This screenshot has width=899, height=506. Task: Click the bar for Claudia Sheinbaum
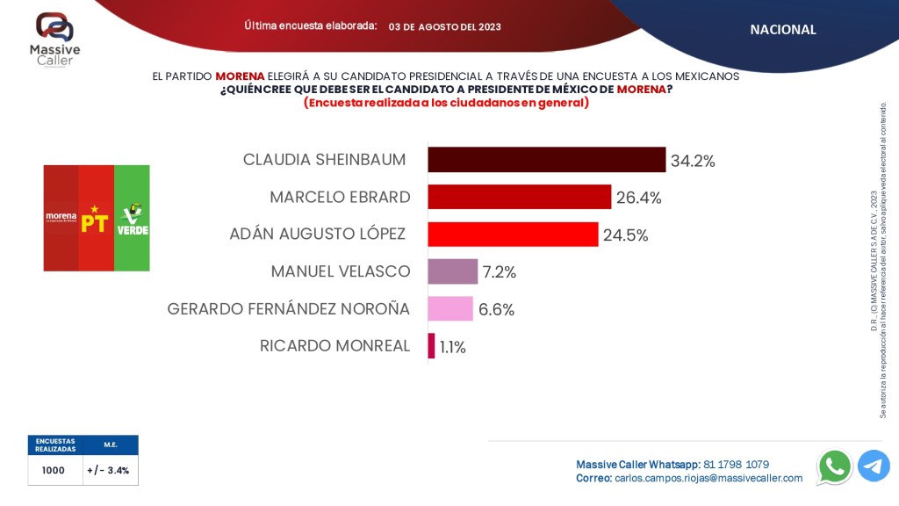click(546, 160)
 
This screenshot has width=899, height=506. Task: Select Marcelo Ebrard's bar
click(519, 197)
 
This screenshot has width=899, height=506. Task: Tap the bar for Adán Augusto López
click(513, 235)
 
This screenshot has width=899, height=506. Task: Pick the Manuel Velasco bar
click(452, 271)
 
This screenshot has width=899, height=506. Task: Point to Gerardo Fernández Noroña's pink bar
click(449, 308)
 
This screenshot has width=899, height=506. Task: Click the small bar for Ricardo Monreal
click(431, 346)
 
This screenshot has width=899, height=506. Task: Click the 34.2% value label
click(693, 161)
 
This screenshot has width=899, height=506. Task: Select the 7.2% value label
click(500, 272)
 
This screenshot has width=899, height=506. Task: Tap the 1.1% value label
click(453, 347)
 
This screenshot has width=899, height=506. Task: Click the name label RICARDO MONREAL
click(334, 346)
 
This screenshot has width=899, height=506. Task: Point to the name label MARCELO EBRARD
click(340, 197)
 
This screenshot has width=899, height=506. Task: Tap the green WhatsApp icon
click(834, 466)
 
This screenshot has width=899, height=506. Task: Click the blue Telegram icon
click(874, 466)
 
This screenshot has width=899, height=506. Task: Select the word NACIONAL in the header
click(783, 29)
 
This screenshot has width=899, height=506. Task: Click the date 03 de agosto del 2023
click(445, 26)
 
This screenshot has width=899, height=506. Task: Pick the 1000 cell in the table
click(54, 470)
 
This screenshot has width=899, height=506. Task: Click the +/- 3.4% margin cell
click(108, 470)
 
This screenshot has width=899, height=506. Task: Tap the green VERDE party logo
click(133, 218)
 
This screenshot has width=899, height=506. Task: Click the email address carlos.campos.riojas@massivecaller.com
click(708, 479)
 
